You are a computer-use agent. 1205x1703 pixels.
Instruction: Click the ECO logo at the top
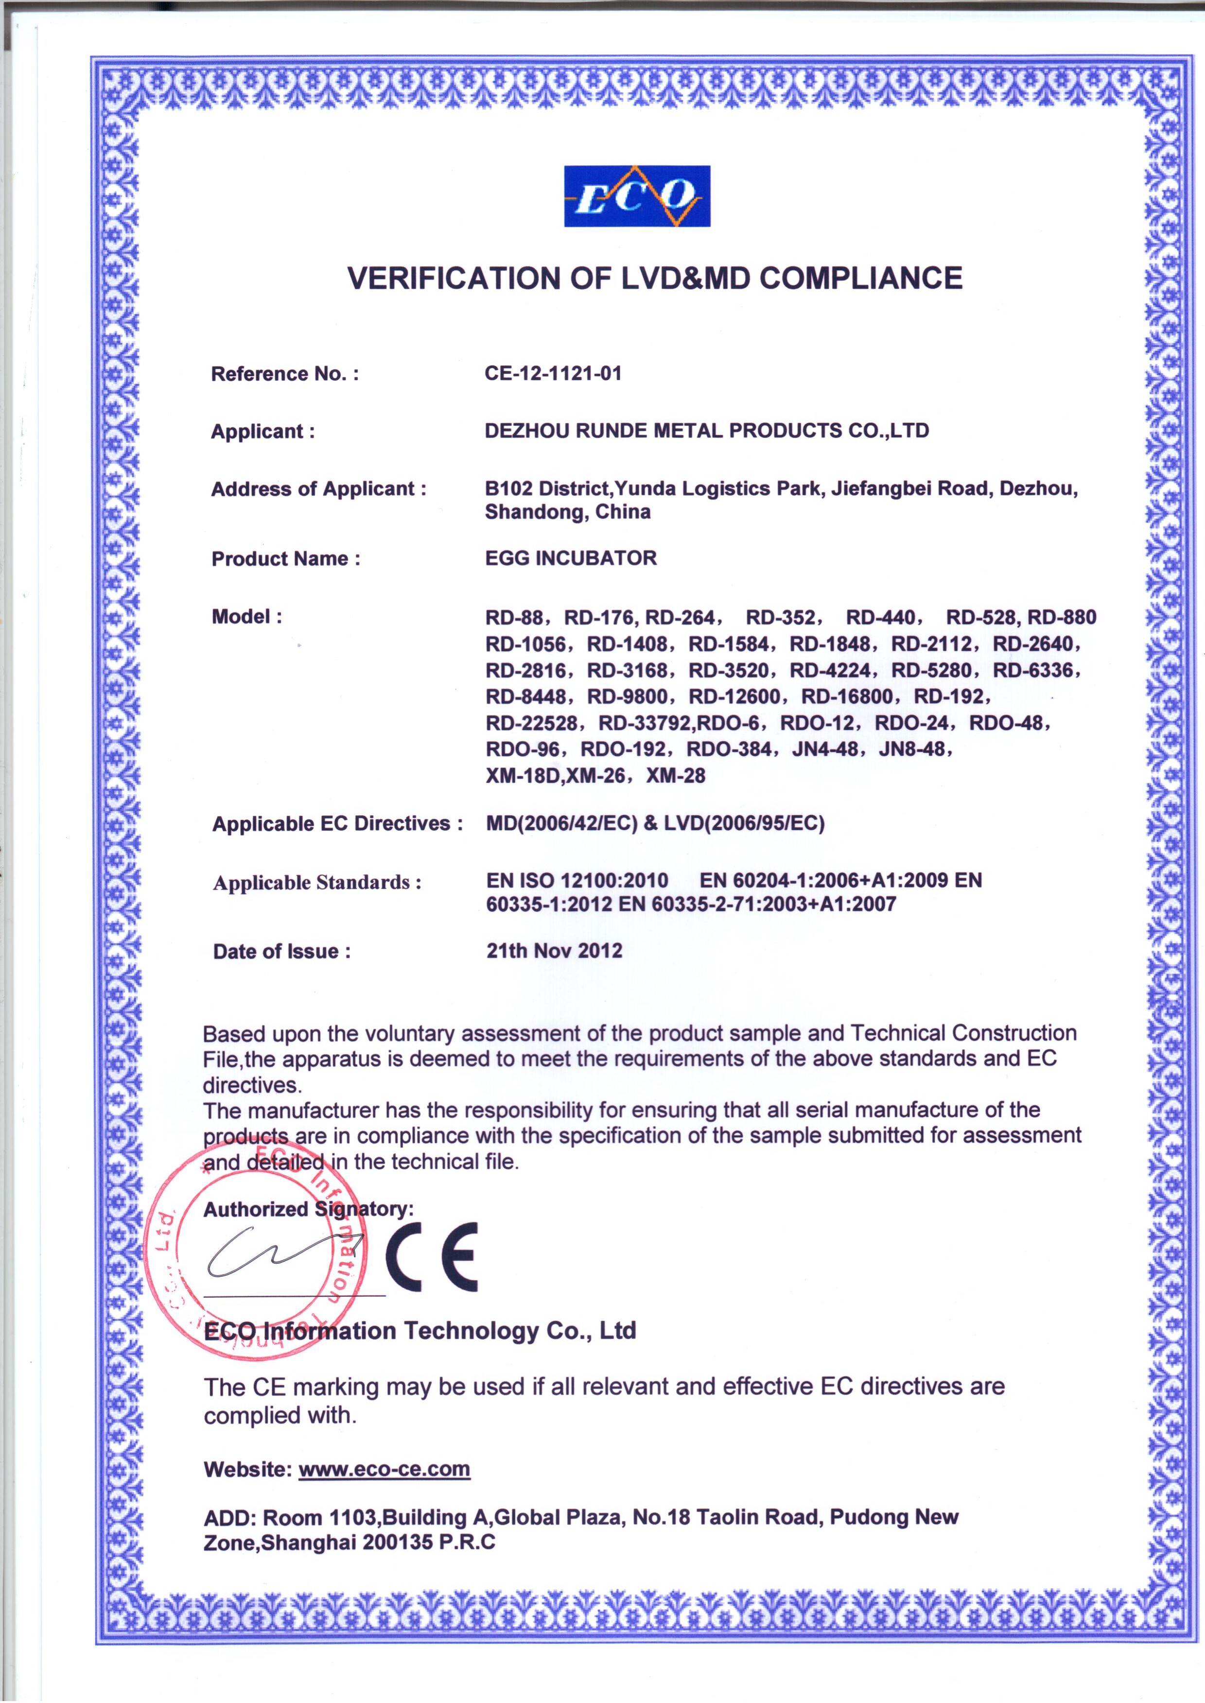coord(637,196)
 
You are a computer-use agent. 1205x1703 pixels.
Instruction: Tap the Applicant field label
coord(262,432)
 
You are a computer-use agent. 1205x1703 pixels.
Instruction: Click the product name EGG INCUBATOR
coord(571,558)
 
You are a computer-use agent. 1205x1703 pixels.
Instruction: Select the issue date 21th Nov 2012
coord(554,951)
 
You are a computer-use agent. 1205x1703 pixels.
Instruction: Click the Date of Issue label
coord(281,952)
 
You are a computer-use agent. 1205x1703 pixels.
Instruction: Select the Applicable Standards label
coord(317,883)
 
